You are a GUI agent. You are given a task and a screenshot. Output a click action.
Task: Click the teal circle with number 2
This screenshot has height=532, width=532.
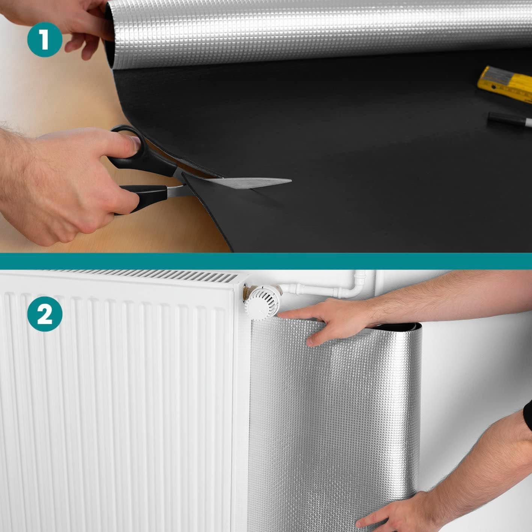pyautogui.click(x=45, y=314)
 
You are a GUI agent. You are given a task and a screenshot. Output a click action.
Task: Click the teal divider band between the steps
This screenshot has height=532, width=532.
pyautogui.click(x=266, y=261)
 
